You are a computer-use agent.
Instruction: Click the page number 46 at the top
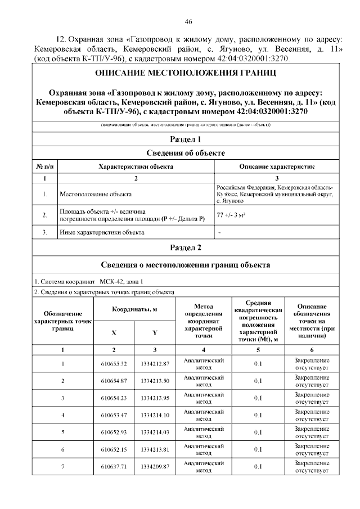pos(188,21)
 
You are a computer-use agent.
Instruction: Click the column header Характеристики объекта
pos(136,167)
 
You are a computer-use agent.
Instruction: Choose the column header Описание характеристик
pos(277,167)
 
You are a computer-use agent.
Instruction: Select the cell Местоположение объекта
pos(96,195)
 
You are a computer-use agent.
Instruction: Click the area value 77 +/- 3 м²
pos(229,215)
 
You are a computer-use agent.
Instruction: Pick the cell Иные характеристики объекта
pos(102,232)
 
